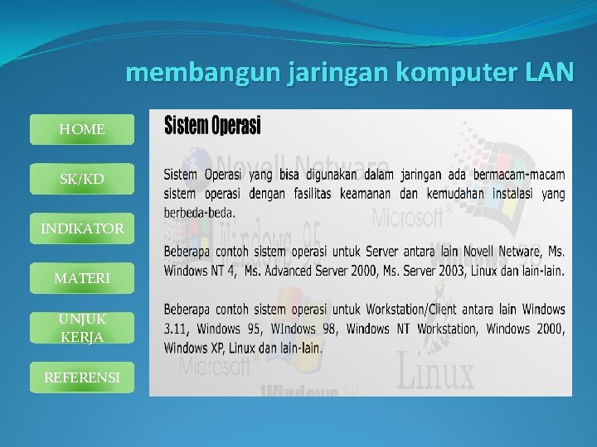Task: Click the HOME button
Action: (81, 130)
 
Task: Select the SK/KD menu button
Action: (81, 179)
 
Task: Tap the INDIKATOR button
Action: (81, 228)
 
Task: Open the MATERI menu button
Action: (81, 279)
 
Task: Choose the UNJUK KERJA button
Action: (81, 328)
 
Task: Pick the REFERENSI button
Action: (81, 377)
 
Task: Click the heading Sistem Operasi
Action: (212, 126)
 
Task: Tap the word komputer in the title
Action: (457, 74)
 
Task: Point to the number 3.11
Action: (176, 329)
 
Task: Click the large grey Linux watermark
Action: (435, 372)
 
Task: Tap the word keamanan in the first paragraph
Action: (366, 193)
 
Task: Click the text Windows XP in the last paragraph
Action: (197, 348)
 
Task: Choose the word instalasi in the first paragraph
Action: (515, 193)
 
